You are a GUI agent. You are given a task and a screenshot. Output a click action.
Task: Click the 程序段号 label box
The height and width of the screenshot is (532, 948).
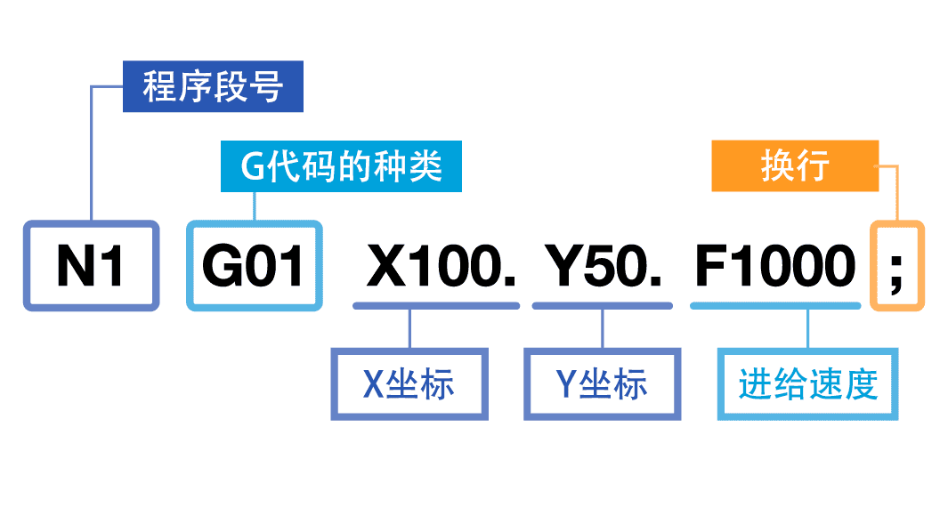coord(213,87)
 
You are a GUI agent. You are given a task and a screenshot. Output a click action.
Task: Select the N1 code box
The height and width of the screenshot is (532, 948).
coord(91,266)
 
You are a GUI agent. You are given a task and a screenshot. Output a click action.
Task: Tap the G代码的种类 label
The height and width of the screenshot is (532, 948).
coord(341,166)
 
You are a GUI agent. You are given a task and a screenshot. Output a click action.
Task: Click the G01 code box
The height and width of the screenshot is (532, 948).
coord(255,266)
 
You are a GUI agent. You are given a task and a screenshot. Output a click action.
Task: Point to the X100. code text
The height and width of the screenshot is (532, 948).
coord(441,266)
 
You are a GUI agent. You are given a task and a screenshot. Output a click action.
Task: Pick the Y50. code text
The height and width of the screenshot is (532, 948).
coord(604,266)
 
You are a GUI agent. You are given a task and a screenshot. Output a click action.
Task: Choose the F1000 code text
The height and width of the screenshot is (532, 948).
coord(774,266)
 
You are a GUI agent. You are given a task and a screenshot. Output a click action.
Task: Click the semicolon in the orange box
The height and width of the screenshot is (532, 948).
coord(896,266)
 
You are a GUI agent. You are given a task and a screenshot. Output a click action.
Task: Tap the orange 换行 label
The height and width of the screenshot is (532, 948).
coord(795,166)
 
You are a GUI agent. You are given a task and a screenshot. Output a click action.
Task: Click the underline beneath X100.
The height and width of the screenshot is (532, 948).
coord(436,305)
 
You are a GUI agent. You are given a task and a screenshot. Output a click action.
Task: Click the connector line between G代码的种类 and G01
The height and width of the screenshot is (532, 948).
coord(255,206)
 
